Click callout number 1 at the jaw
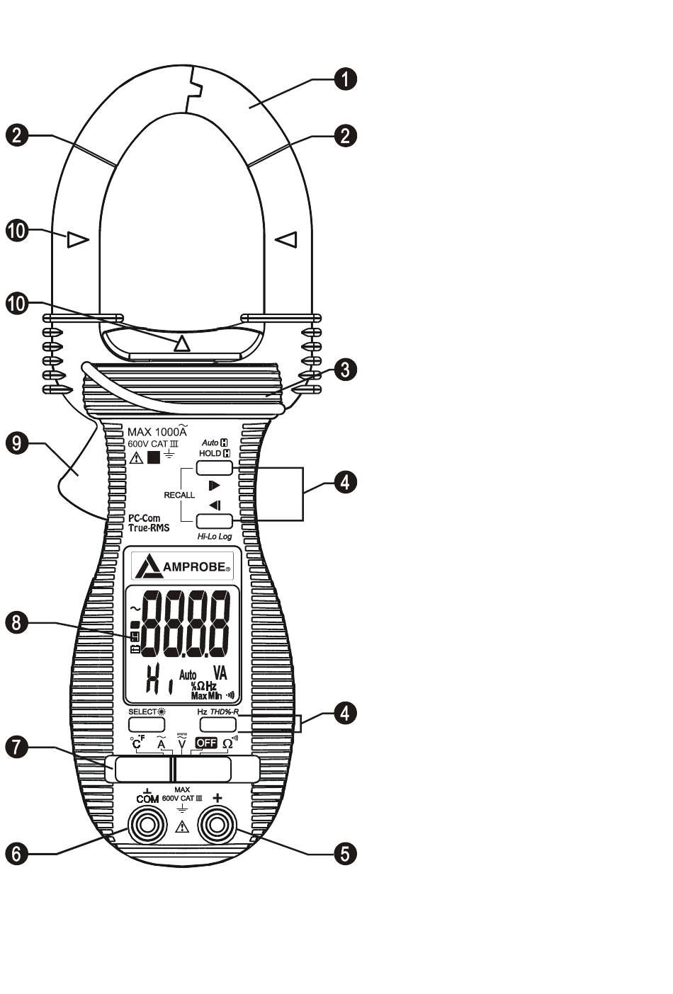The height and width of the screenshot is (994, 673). [x=345, y=79]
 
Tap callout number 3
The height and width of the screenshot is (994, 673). [x=345, y=370]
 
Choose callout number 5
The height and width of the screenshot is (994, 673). [x=345, y=853]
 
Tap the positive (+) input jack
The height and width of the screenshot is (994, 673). [x=217, y=826]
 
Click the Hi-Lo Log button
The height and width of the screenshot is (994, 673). [x=215, y=521]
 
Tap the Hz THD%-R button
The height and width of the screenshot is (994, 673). [x=217, y=724]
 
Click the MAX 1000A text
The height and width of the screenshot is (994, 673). [x=157, y=431]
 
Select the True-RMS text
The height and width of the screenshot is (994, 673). [x=149, y=527]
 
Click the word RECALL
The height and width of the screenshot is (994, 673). [x=179, y=495]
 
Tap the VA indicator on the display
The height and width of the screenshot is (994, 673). [x=220, y=673]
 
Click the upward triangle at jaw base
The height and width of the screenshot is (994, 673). [x=182, y=344]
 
